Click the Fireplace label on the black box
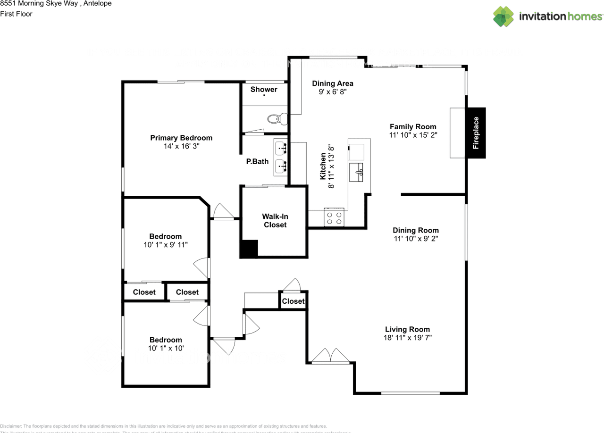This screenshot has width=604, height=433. point(476,133)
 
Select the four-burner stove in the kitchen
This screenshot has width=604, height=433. point(334,218)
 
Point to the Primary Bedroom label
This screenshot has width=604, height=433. point(181,138)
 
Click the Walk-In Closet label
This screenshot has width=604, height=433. point(275,221)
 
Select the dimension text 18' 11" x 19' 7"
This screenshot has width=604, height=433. point(408,338)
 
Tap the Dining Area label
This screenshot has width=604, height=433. point(333,83)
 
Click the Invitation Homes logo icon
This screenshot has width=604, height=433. point(503,17)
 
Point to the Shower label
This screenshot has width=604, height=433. point(264,89)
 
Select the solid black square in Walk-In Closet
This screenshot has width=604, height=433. point(249,249)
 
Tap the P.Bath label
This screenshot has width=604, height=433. point(258,161)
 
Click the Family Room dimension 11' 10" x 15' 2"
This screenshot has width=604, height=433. point(413,135)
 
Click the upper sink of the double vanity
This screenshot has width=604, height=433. point(282,148)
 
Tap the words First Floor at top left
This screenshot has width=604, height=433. point(17,14)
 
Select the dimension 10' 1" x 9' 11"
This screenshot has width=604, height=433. point(166,245)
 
